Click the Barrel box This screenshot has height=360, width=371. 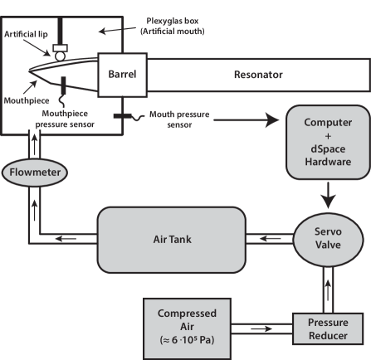click(123, 74)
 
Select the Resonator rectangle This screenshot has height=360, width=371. click(257, 75)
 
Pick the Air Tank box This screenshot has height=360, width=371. click(172, 238)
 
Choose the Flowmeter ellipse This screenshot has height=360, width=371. click(34, 173)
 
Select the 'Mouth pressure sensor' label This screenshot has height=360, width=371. click(181, 121)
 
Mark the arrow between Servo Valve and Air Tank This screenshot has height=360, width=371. click(270, 239)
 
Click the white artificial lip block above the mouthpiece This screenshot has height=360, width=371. click(59, 54)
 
